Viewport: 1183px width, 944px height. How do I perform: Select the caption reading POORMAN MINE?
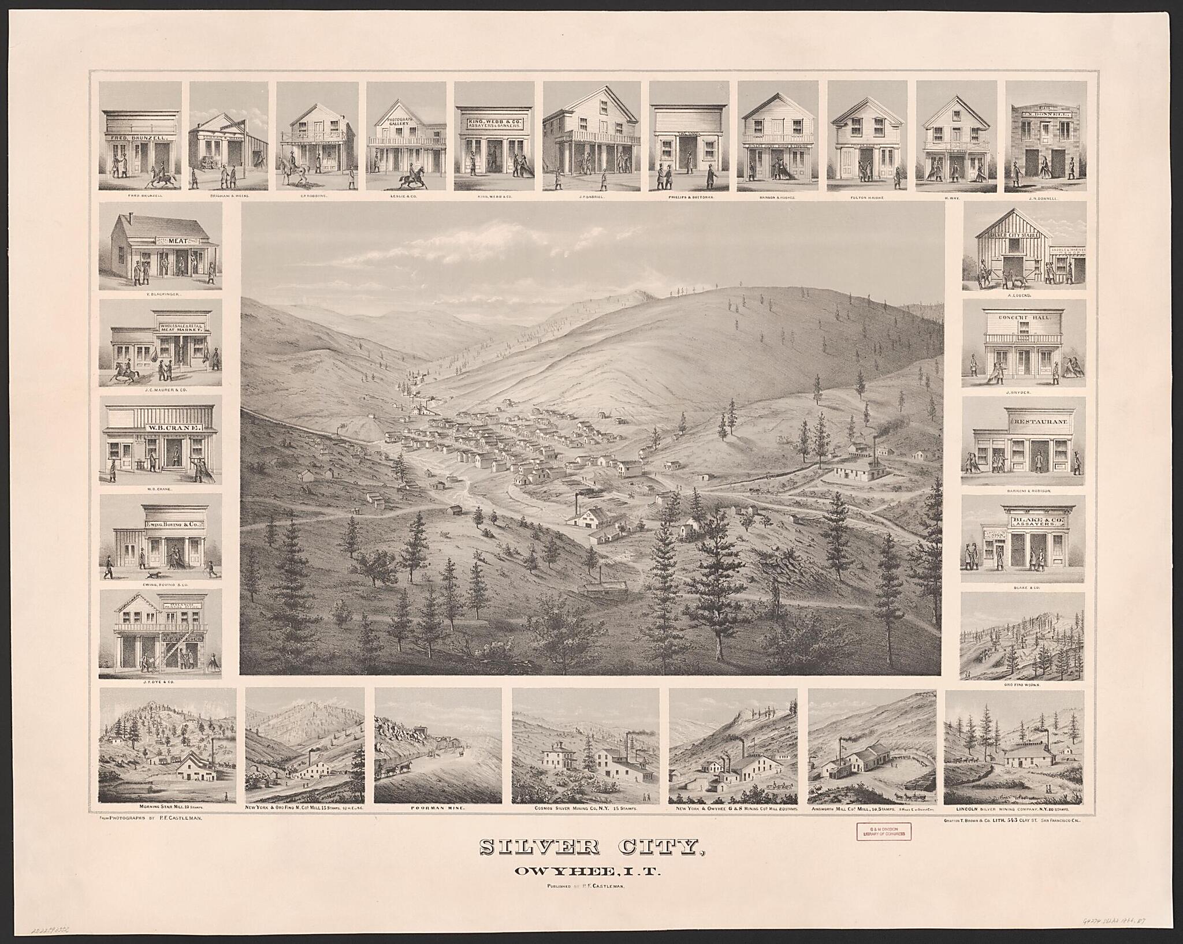(437, 808)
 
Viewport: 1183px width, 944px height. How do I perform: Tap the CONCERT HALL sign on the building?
(1023, 318)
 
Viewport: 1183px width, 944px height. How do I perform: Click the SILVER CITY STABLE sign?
(1014, 235)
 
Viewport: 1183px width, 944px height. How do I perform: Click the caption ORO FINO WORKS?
(1022, 684)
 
